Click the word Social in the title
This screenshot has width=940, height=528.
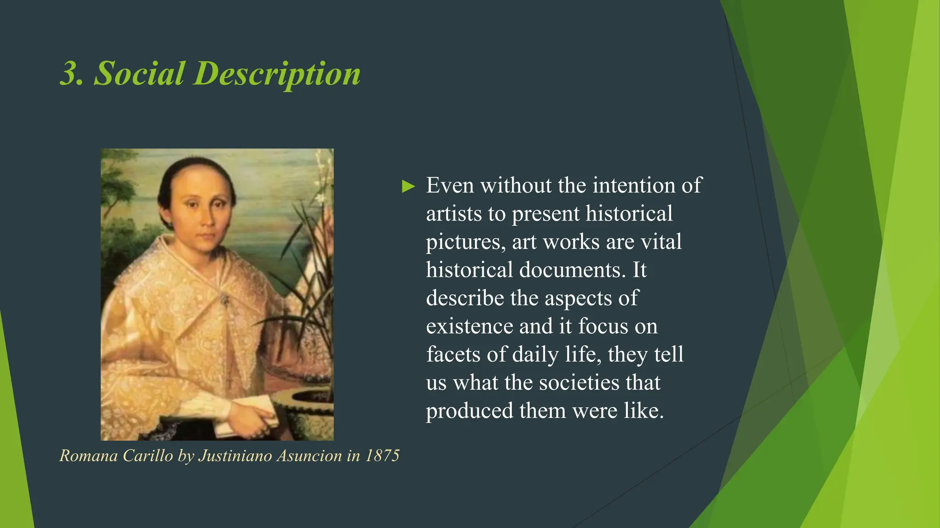pyautogui.click(x=139, y=73)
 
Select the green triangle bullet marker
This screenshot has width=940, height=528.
pyautogui.click(x=408, y=187)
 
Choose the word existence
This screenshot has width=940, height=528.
pyautogui.click(x=470, y=326)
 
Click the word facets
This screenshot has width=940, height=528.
pyautogui.click(x=453, y=355)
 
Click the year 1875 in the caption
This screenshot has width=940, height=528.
pyautogui.click(x=382, y=456)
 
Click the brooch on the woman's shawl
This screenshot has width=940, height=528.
pyautogui.click(x=224, y=300)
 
